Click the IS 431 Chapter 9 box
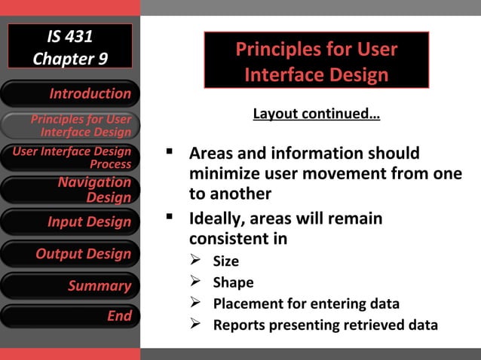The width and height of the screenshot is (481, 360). [70, 47]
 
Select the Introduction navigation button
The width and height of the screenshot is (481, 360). [70, 93]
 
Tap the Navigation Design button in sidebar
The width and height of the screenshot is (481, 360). [70, 190]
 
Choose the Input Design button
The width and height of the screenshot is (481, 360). [70, 222]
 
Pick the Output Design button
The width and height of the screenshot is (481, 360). [70, 254]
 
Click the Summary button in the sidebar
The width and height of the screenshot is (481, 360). [70, 285]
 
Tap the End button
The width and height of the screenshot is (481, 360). [70, 316]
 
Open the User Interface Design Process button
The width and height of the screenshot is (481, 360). [70, 157]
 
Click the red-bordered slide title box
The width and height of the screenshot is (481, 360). [316, 61]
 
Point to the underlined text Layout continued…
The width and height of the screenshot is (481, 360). [316, 114]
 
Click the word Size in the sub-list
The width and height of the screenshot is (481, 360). [225, 261]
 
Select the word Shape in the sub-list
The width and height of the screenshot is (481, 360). [233, 283]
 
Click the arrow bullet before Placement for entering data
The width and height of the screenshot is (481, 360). [195, 304]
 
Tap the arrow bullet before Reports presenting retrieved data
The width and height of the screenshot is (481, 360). [195, 325]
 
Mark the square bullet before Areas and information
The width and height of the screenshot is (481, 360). [170, 153]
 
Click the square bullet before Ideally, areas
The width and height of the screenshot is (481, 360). [170, 218]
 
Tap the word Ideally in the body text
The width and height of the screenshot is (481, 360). [215, 219]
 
